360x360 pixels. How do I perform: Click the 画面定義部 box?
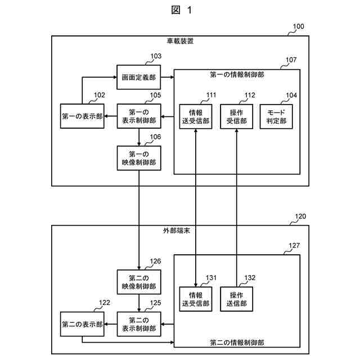coord(138,77)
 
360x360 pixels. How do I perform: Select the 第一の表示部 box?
coord(83,116)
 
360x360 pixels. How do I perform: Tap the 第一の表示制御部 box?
coord(138,116)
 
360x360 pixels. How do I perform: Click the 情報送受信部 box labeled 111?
coord(196,116)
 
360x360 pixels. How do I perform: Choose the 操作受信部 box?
coord(236,116)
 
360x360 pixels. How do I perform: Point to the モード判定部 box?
coord(276,116)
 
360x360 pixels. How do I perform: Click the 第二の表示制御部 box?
coord(138,323)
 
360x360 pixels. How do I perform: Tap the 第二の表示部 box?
coord(83,325)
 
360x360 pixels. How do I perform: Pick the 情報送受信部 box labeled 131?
coord(196,299)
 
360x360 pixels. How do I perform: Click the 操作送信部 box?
coord(236,299)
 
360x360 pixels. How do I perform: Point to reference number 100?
coord(298,26)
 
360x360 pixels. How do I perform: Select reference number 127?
coord(294,245)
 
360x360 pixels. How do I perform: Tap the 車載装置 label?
coord(181,41)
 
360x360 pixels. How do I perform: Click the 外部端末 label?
coord(181,231)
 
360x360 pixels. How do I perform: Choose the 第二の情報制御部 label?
coord(237,341)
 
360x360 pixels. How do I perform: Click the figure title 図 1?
coord(181,10)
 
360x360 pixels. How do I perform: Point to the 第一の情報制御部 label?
coord(237,74)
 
